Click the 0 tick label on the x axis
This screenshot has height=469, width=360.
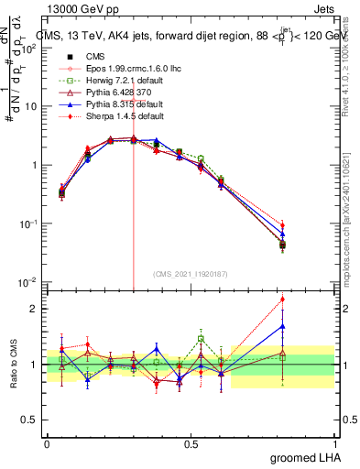[47, 443]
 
